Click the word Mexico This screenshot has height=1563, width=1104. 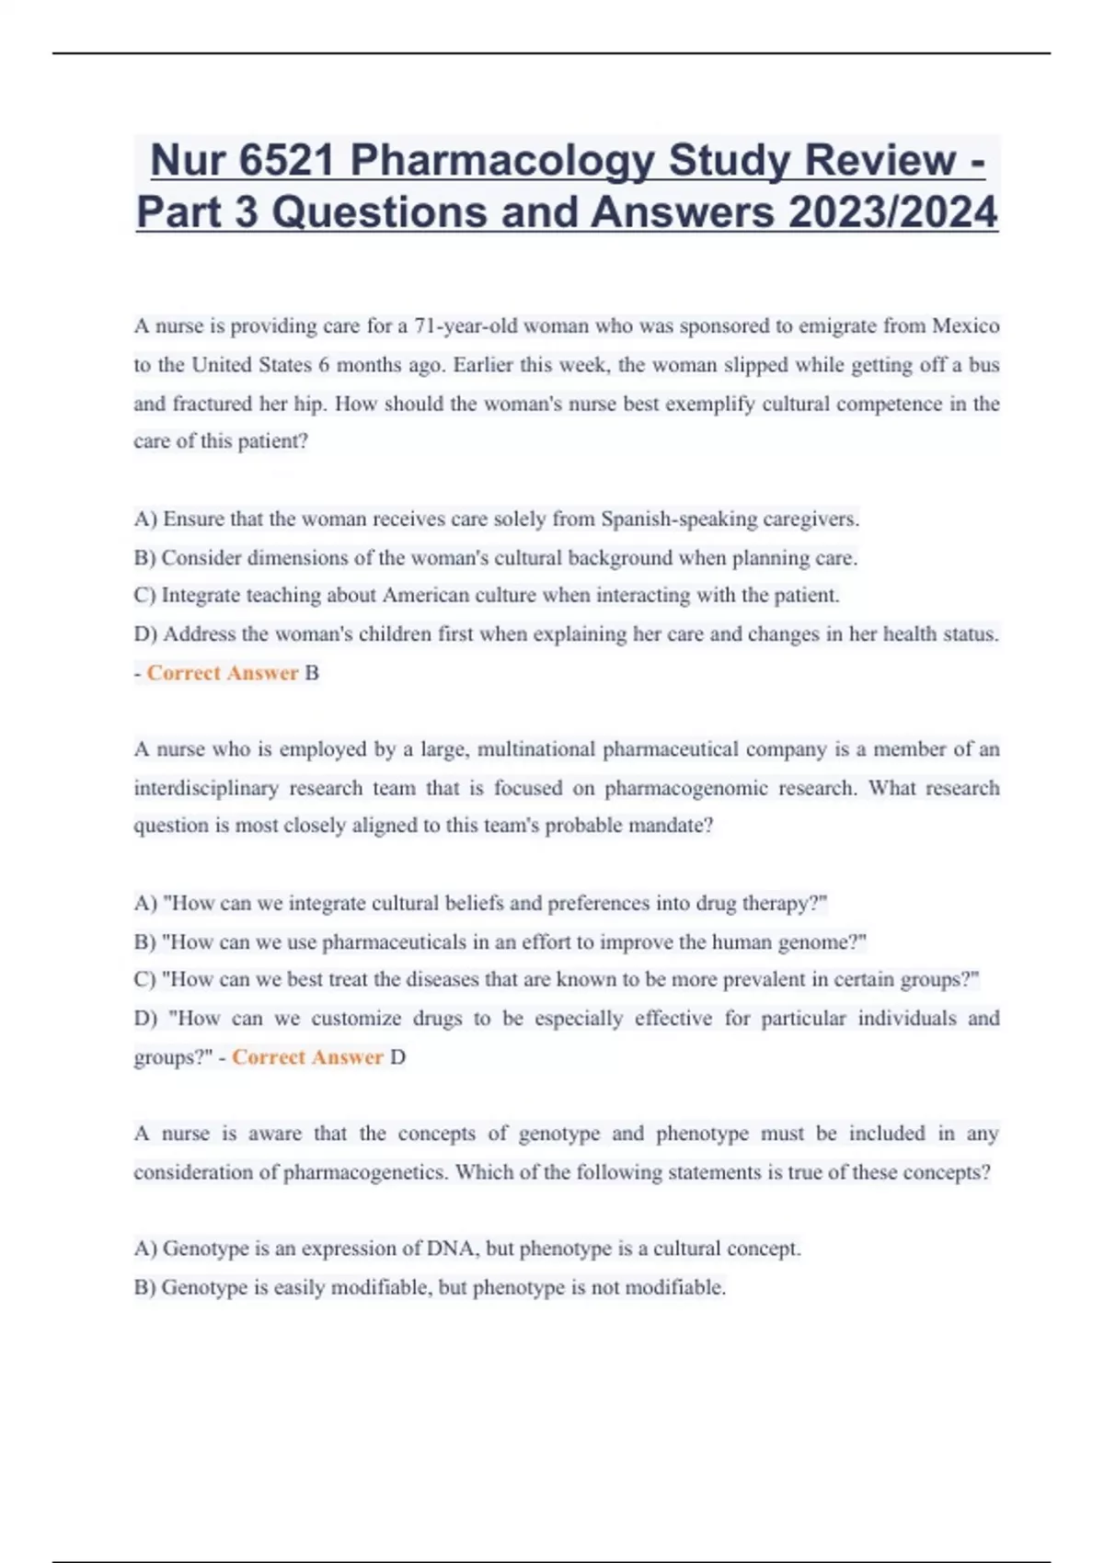965,326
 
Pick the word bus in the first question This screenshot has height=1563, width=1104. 983,365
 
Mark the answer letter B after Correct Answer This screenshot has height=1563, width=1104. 312,673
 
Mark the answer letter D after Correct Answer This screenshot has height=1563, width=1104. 397,1057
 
